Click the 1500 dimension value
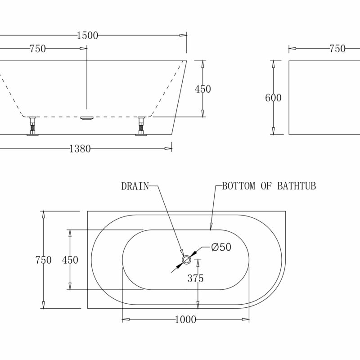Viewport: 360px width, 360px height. point(87,36)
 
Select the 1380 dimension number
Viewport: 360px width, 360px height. point(80,149)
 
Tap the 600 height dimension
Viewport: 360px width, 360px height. point(273,98)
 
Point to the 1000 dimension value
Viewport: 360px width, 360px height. point(185,319)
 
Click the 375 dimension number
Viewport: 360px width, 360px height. point(196,278)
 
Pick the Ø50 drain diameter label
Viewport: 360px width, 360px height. point(221,247)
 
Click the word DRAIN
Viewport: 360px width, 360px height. point(135,186)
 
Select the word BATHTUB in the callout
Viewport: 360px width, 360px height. point(297,186)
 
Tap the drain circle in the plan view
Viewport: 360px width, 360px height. point(186,260)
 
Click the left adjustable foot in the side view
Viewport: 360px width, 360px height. point(32,126)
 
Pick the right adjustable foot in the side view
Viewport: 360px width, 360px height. point(141,126)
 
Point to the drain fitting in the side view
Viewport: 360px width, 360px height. point(87,118)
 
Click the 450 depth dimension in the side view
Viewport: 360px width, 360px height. point(203,89)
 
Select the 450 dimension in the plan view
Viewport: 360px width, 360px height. point(70,260)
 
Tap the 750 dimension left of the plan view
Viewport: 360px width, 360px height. point(43,260)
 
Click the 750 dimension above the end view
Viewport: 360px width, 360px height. point(337,49)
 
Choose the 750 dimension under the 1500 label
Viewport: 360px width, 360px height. point(38,49)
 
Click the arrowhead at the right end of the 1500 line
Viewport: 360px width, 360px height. point(183,35)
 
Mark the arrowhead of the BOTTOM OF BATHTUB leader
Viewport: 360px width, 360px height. point(211,227)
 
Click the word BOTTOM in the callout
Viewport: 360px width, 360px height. point(239,186)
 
